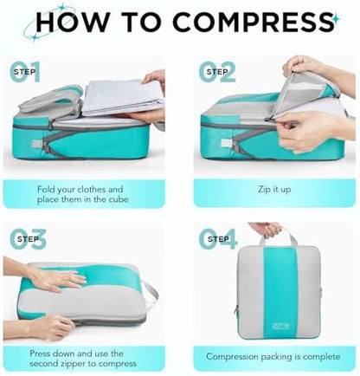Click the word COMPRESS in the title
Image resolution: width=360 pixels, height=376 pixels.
[253, 22]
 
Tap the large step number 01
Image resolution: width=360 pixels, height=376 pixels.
[25, 72]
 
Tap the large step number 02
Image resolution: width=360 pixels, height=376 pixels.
[217, 72]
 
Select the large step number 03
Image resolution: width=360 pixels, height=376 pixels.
[28, 239]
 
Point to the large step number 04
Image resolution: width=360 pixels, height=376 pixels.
[218, 239]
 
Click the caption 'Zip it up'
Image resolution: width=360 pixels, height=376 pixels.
[274, 190]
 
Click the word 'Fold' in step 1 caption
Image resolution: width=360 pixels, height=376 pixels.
[46, 190]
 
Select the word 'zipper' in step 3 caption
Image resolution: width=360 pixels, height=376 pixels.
[73, 363]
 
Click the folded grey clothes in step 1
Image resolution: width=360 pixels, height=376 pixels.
[124, 98]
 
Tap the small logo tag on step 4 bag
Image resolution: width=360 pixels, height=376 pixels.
[281, 327]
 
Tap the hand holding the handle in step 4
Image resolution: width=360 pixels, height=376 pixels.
[267, 230]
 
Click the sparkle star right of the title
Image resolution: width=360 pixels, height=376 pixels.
[336, 19]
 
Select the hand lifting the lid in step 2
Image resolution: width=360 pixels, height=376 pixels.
[314, 68]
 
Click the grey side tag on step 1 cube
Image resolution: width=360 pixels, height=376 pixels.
[36, 143]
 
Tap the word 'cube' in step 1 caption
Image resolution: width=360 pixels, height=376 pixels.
[119, 199]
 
